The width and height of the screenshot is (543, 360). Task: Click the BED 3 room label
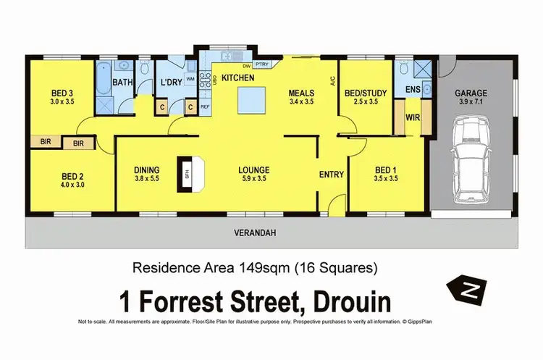62,93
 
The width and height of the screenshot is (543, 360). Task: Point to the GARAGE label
471,93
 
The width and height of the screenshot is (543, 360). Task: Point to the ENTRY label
332,174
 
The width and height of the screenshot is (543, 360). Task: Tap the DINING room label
147,171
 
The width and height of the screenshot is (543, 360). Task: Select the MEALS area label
300,93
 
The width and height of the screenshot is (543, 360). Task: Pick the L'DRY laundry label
171,83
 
